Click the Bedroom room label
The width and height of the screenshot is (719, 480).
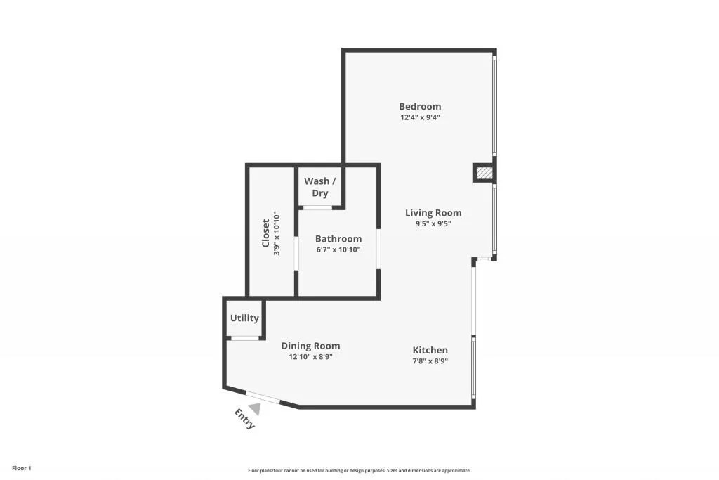click(x=420, y=106)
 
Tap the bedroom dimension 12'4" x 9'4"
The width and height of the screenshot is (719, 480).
click(x=420, y=118)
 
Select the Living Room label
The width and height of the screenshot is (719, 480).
click(x=433, y=212)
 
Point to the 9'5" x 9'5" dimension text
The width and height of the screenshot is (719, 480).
click(x=433, y=224)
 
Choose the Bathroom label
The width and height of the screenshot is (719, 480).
click(x=338, y=238)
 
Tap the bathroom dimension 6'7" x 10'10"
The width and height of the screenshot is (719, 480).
click(x=338, y=249)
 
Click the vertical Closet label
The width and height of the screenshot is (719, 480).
click(x=265, y=234)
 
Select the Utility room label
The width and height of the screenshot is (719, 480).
click(x=244, y=318)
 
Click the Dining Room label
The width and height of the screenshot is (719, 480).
click(x=310, y=345)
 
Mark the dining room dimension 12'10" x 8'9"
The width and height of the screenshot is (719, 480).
click(x=310, y=357)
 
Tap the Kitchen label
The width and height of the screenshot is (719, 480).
click(x=430, y=350)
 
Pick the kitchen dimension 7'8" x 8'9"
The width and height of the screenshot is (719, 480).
click(x=430, y=361)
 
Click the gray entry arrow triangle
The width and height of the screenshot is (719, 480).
click(x=255, y=408)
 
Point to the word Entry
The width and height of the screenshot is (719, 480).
click(x=245, y=419)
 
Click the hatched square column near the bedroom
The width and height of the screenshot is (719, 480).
click(x=484, y=173)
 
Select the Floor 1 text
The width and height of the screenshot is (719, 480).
click(x=22, y=468)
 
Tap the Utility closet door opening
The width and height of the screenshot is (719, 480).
click(x=244, y=339)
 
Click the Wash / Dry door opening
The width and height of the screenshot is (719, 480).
click(x=317, y=207)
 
